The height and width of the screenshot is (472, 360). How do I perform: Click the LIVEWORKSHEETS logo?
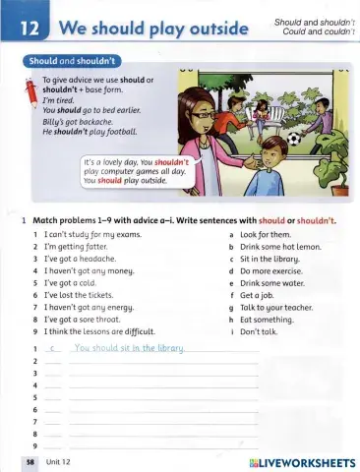tap(303, 461)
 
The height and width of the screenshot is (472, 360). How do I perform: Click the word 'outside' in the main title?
tap(209, 25)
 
